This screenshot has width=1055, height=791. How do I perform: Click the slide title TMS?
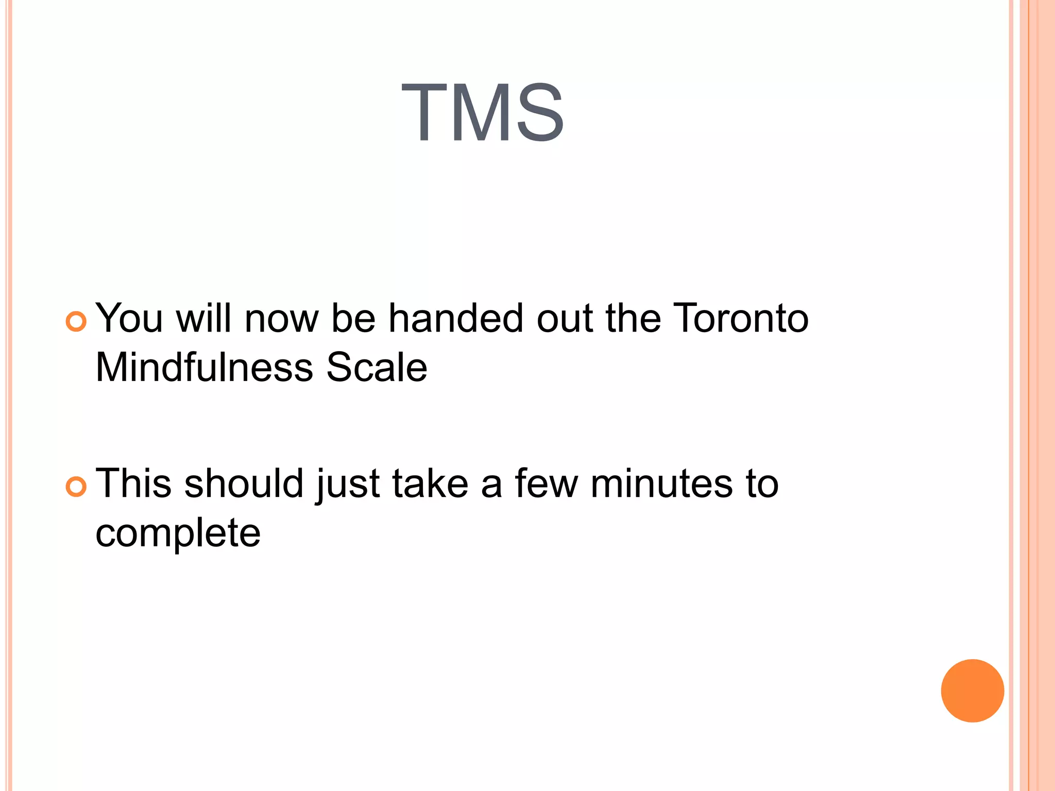tap(483, 113)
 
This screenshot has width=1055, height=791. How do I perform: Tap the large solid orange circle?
tap(972, 691)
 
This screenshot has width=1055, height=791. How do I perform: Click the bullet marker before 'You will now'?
tap(76, 322)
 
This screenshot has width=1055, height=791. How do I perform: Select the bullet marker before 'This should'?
tap(76, 487)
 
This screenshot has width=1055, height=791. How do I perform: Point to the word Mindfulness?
tap(205, 368)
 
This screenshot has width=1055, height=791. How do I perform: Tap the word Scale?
tap(377, 368)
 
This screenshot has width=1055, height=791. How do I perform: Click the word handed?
tap(455, 318)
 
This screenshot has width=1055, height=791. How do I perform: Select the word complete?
tap(178, 534)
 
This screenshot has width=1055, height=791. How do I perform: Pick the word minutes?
tap(661, 484)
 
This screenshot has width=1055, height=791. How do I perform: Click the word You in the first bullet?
tap(129, 318)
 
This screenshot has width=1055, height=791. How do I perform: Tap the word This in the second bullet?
tap(133, 484)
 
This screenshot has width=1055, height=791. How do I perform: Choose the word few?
tap(547, 484)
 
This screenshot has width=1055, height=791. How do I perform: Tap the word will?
tap(203, 318)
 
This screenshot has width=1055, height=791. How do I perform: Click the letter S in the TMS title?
tap(540, 113)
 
